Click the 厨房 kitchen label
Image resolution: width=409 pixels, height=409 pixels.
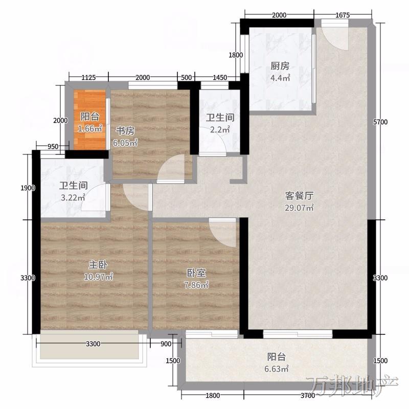[280, 66]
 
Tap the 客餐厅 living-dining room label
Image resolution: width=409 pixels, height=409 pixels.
[299, 196]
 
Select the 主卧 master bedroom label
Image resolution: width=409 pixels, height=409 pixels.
[98, 265]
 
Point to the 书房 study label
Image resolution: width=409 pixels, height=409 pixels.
[125, 131]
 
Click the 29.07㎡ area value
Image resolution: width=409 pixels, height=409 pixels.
[299, 208]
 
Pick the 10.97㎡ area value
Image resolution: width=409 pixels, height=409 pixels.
[98, 277]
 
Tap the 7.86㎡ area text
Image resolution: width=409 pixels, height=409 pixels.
[196, 285]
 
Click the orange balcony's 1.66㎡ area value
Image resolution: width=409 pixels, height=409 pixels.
[90, 128]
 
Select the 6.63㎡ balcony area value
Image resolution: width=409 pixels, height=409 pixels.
[277, 369]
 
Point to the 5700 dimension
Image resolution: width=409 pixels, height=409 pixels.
[380, 122]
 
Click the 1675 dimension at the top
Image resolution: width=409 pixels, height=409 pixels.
[343, 15]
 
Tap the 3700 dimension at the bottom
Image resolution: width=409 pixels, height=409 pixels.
[308, 396]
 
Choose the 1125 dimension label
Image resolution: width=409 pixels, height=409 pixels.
[88, 78]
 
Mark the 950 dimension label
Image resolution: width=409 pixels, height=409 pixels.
[53, 147]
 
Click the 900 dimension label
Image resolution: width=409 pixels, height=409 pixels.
[166, 344]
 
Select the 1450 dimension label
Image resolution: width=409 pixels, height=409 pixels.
[220, 78]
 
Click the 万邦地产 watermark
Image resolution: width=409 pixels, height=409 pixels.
[352, 386]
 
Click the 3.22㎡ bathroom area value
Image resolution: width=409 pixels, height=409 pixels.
[73, 197]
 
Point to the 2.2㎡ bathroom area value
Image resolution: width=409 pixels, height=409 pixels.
[220, 129]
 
